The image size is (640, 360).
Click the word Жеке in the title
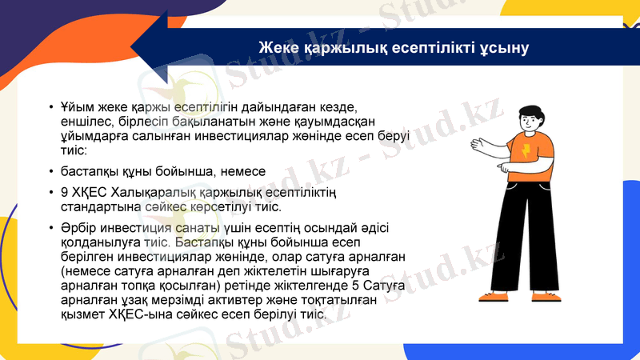click(277, 48)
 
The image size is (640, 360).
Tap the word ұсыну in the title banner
click(504, 48)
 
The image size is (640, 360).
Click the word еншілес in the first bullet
click(84, 122)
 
